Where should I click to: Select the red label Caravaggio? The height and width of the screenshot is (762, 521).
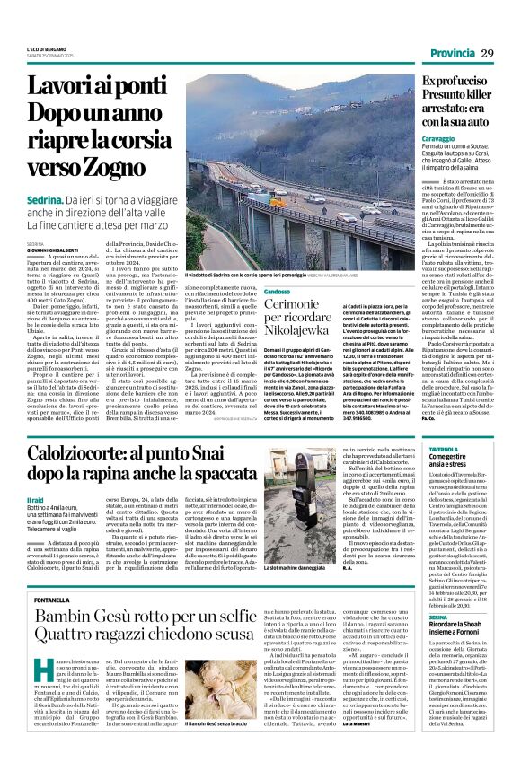coord(416,140)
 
